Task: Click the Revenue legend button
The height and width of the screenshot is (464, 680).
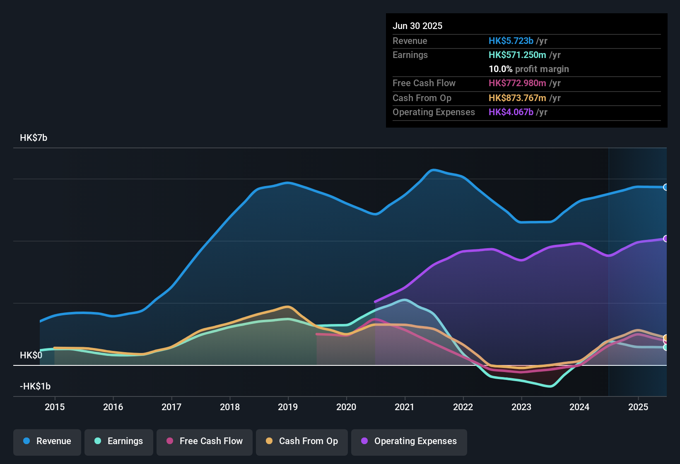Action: (47, 441)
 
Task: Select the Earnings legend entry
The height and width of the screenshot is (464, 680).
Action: (119, 441)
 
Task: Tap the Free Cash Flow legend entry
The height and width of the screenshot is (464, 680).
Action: (205, 441)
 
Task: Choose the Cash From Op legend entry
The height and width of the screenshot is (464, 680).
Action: (302, 441)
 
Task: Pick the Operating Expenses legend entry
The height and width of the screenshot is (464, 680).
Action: (409, 441)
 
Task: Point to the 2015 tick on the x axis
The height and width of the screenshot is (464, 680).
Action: (55, 407)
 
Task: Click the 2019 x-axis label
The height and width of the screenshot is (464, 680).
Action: (288, 407)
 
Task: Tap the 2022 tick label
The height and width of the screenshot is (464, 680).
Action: (463, 407)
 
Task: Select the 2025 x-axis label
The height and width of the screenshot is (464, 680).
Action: (638, 407)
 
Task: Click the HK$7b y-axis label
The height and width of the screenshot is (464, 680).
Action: (34, 138)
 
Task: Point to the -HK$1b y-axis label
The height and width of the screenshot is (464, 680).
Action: (35, 387)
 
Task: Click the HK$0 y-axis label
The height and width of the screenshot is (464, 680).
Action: (31, 355)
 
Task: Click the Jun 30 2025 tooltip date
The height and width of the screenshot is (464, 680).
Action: (417, 26)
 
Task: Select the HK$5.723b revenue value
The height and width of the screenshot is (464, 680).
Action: (511, 41)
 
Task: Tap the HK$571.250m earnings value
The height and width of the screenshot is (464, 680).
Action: (517, 55)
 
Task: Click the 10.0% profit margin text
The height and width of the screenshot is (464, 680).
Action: (528, 69)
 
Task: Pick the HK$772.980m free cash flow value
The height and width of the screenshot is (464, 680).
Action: (517, 83)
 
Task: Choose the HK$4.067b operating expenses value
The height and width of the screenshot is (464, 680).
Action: (511, 112)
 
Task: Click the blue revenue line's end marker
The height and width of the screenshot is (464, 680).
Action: (666, 187)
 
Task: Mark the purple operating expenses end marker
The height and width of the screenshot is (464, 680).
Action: (666, 239)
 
